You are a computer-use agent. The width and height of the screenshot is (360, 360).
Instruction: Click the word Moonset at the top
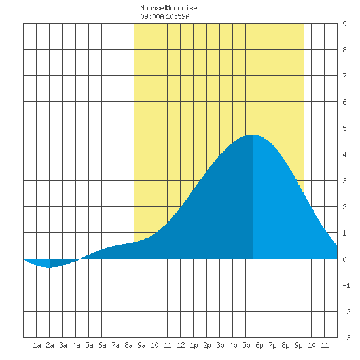tap(153, 8)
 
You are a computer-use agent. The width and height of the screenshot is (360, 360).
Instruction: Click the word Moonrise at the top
tap(181, 8)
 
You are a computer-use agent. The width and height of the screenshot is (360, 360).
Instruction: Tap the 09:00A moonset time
tap(152, 16)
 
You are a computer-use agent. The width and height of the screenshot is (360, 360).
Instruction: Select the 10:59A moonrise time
tap(177, 16)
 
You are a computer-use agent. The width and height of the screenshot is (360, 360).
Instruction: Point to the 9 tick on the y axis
tap(344, 24)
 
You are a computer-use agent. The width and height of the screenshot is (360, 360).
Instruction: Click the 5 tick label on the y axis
tap(344, 128)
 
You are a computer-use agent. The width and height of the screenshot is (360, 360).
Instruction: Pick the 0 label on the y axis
tap(344, 259)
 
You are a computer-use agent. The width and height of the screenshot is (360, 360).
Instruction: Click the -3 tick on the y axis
tap(346, 338)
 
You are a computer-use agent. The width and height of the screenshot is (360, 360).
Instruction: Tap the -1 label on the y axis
tap(346, 285)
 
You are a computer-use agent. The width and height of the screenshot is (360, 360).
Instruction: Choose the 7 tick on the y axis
tap(344, 76)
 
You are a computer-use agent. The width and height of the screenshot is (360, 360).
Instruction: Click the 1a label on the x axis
tap(37, 345)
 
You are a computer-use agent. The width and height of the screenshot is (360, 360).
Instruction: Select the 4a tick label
tap(76, 345)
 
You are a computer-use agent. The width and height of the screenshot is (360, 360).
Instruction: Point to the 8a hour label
tap(128, 345)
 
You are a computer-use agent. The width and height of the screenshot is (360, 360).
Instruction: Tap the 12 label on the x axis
tap(181, 345)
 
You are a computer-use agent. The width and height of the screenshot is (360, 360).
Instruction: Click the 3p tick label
tap(220, 345)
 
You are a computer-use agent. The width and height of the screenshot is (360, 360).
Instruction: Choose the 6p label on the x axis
tap(259, 345)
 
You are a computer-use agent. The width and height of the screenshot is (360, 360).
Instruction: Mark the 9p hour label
tap(298, 345)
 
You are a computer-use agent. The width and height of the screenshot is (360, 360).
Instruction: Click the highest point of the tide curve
tap(253, 135)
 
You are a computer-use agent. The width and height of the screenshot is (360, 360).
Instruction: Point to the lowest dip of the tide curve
tap(50, 267)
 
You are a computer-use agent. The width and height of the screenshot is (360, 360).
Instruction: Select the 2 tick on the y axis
tap(344, 207)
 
